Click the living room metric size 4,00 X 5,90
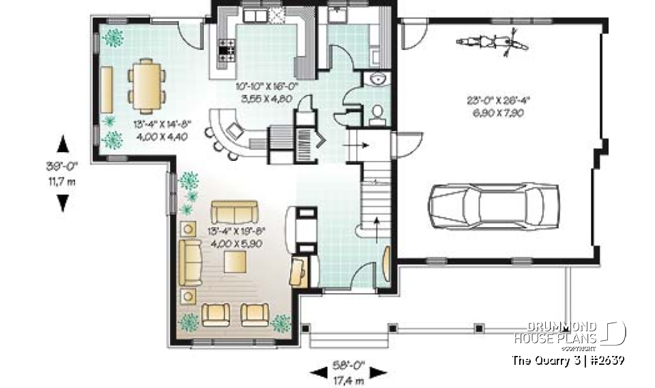[x=236, y=243]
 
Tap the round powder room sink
[x=376, y=79]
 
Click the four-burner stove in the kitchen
[x=227, y=48]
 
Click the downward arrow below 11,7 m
[x=62, y=203]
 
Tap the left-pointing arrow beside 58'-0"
[x=318, y=372]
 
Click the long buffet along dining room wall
[x=107, y=89]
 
